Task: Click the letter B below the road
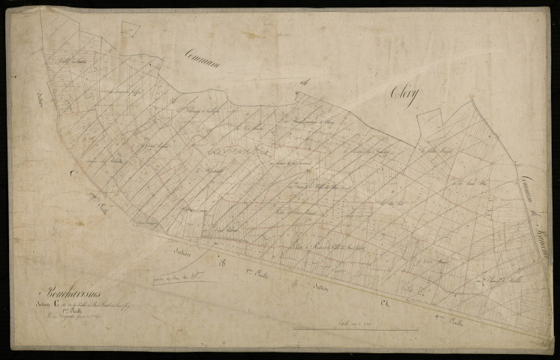222,264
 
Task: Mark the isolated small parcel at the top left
131,28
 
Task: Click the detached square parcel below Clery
430,120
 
